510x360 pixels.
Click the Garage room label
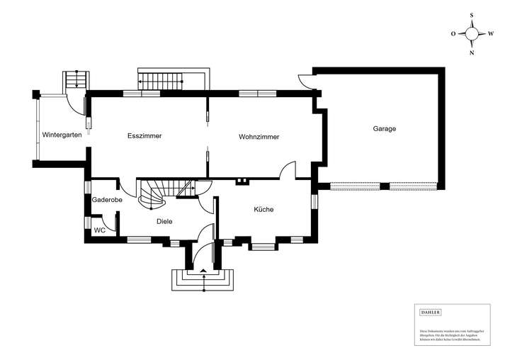click(384, 129)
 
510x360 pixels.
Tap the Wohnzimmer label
click(259, 136)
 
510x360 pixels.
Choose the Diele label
click(164, 221)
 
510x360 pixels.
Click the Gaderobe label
click(107, 201)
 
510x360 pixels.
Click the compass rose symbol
click(472, 33)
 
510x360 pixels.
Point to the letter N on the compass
click(472, 52)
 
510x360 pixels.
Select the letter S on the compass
click(472, 14)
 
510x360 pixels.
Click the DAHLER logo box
click(431, 312)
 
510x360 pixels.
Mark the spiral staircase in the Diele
click(156, 193)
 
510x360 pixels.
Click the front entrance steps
click(204, 279)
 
